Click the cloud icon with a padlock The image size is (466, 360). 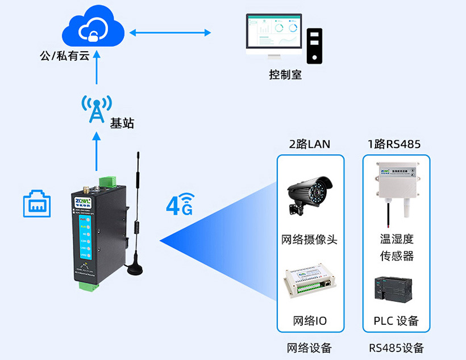(92, 30)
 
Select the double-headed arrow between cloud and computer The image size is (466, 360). (170, 33)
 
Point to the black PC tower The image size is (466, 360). (314, 45)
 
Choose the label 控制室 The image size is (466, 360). (285, 75)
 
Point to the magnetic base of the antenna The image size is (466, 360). (135, 267)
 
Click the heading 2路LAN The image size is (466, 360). (310, 144)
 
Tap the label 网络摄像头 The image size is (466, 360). (309, 239)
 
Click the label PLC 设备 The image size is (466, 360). (396, 321)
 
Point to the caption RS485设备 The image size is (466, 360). (396, 348)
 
